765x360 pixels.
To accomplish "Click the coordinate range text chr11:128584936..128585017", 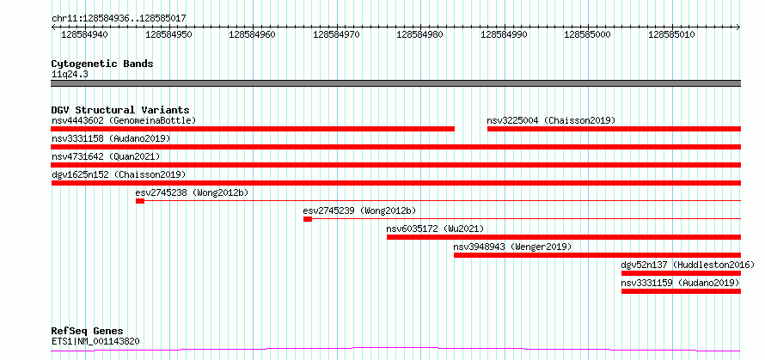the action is [x=119, y=19].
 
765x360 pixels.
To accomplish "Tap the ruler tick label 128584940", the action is [x=85, y=34].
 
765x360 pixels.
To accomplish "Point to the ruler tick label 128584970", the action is [x=337, y=34].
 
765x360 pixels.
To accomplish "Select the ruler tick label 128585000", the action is [x=588, y=34].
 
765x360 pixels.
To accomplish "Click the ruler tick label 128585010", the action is [x=672, y=34].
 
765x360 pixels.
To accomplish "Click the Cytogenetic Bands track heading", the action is [x=102, y=64].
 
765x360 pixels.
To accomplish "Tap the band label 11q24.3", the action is [x=70, y=75].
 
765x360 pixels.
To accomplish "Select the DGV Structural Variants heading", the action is [x=120, y=110].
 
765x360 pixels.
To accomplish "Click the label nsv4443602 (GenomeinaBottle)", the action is [x=124, y=120].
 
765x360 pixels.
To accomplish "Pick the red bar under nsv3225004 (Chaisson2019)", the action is [x=614, y=129].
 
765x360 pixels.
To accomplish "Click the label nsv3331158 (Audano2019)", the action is [x=111, y=138].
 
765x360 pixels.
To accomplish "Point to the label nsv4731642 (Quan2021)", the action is [x=106, y=156].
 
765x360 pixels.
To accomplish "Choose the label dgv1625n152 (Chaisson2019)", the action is [x=119, y=174].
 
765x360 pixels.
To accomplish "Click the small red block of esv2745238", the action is [x=140, y=201].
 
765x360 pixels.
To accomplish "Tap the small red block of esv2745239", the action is [x=308, y=219].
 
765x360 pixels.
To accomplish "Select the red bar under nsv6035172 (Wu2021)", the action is [x=564, y=237].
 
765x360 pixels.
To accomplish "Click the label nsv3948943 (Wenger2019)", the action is [x=512, y=247].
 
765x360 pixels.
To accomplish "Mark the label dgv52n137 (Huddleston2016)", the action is [x=688, y=265].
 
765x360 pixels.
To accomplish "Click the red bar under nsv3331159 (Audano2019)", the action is [x=681, y=291].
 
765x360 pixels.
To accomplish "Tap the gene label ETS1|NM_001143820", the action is [x=95, y=341].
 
